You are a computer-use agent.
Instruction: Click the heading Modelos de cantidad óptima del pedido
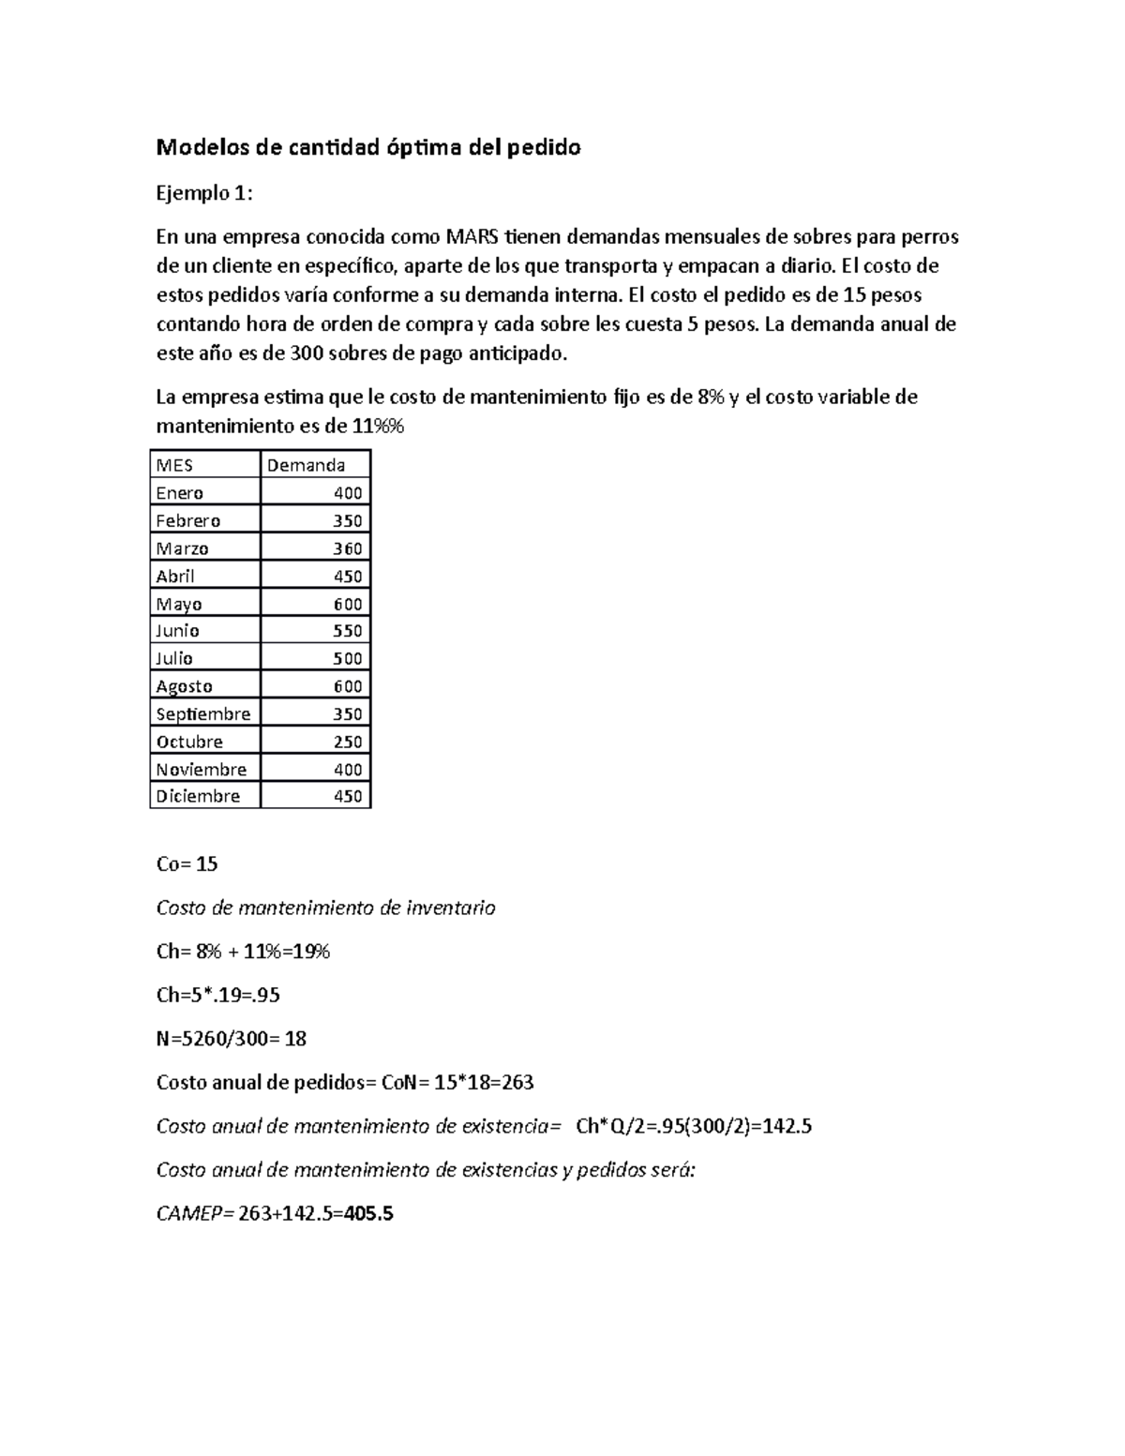[x=368, y=147]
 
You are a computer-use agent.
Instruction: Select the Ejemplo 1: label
[x=204, y=193]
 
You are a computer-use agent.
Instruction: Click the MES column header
[x=174, y=465]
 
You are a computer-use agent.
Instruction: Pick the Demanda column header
[x=306, y=465]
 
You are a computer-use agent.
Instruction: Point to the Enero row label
[x=179, y=493]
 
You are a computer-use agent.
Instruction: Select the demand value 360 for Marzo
[x=347, y=548]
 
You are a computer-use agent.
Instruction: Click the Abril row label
[x=175, y=576]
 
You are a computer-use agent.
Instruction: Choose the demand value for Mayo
[x=347, y=604]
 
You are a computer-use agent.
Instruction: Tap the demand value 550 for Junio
[x=347, y=631]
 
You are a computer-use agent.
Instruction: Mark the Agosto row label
[x=184, y=686]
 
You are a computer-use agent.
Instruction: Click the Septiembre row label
[x=202, y=713]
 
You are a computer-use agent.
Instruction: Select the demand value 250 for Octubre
[x=347, y=742]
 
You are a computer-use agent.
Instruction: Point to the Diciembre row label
[x=198, y=796]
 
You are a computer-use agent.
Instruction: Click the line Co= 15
[x=187, y=864]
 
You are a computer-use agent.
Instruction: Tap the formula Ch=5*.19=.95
[x=217, y=995]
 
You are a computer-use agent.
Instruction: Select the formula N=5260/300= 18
[x=231, y=1039]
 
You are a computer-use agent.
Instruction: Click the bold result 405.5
[x=368, y=1214]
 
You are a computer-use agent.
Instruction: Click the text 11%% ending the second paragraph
[x=377, y=426]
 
